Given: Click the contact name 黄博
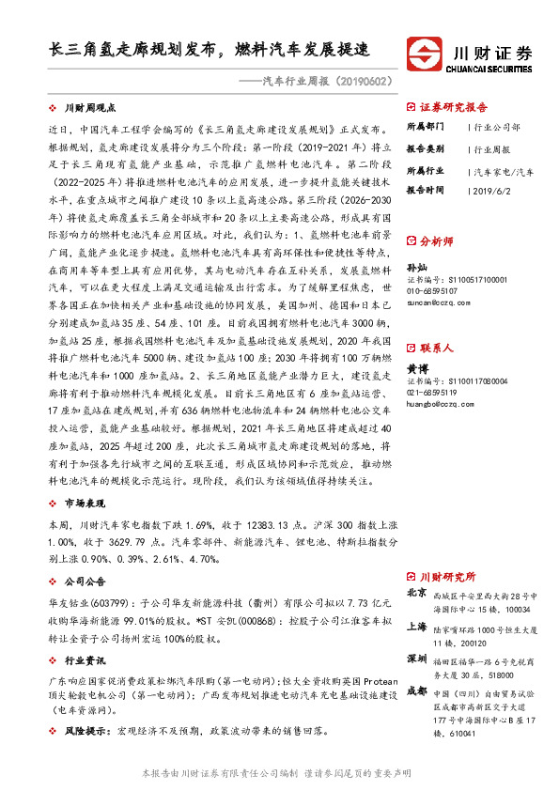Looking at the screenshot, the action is pyautogui.click(x=417, y=371).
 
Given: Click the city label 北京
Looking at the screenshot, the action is pyautogui.click(x=416, y=594).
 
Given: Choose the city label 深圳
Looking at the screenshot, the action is pyautogui.click(x=416, y=658).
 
